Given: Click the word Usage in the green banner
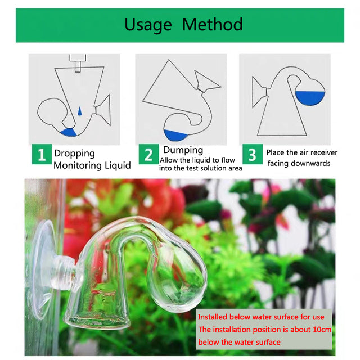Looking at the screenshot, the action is click(x=148, y=25).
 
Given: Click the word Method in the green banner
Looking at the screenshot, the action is click(x=213, y=24).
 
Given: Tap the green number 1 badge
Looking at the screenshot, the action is click(x=42, y=154).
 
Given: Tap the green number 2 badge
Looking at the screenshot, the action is click(x=148, y=154).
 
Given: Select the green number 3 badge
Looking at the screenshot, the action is click(x=253, y=154).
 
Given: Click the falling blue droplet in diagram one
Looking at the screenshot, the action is click(x=80, y=111).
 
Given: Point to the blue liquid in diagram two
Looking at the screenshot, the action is click(x=175, y=135).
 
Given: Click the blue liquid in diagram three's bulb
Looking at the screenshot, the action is click(x=310, y=97).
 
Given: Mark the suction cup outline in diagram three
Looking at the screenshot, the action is click(x=259, y=92).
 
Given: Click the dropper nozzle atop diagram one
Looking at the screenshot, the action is click(x=78, y=63).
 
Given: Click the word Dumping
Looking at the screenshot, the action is click(x=183, y=150).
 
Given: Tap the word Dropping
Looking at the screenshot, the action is click(x=74, y=154).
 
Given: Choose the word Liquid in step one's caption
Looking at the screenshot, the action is click(x=118, y=165).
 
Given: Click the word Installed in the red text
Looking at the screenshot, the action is click(x=213, y=317).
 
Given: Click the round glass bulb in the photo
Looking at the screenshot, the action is click(x=178, y=278).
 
